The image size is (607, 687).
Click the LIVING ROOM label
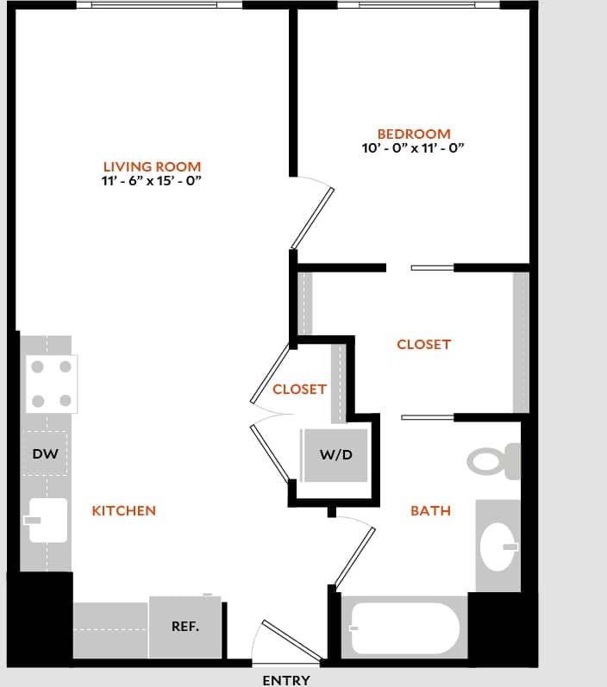[152, 166]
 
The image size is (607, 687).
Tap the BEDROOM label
[414, 134]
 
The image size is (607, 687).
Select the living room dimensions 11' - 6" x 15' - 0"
[152, 181]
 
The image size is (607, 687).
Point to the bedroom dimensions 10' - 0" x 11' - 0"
[414, 148]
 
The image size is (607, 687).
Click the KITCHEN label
[124, 510]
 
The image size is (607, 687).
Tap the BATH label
[430, 510]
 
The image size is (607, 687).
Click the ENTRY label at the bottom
[286, 680]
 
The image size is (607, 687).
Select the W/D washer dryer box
[336, 454]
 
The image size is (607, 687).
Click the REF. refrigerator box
[185, 627]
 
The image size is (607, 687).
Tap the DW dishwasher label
[45, 453]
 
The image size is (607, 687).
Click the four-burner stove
[50, 384]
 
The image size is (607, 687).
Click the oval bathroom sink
[497, 546]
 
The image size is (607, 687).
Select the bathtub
[405, 629]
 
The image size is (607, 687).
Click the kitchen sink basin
[47, 520]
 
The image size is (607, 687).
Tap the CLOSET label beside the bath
[423, 344]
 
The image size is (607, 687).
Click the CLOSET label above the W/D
[299, 389]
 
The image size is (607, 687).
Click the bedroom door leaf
[312, 218]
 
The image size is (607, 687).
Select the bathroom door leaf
[355, 556]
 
